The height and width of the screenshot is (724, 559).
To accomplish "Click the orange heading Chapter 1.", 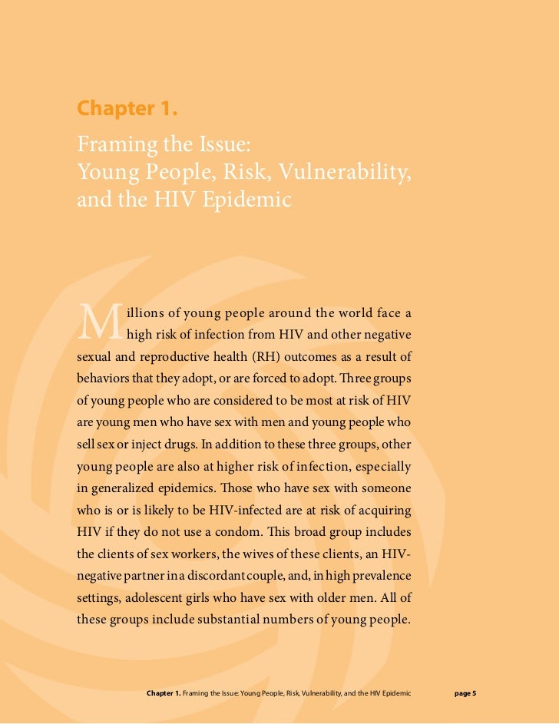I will (x=127, y=109).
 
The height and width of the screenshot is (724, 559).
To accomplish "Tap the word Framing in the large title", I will (x=114, y=144).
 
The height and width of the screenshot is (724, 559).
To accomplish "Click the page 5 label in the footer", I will (x=465, y=693).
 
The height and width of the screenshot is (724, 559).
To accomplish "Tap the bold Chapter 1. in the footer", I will (x=163, y=693).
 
